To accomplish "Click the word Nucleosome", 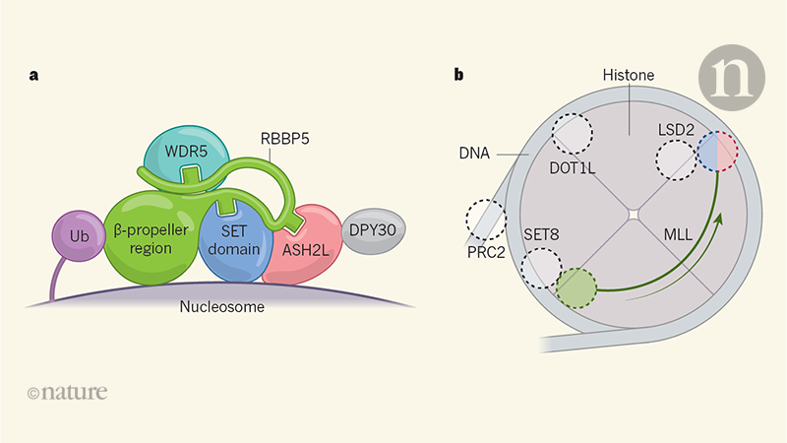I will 222,306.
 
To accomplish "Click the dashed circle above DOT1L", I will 573,134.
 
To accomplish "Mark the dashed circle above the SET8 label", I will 541,267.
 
